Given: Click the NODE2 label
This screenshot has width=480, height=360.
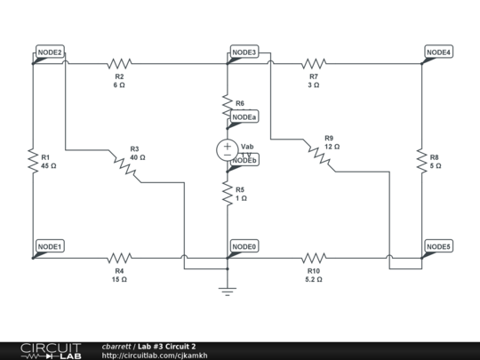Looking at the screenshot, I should pos(50,53).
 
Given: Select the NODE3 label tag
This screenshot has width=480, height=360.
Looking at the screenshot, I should pos(244,53).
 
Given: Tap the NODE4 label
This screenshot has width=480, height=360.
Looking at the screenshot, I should pos(438,53).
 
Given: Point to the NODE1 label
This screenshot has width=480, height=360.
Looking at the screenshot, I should pos(50,246).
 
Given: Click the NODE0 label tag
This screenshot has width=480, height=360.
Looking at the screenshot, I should pos(244,246).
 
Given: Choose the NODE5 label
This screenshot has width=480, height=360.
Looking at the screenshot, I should pos(438,246).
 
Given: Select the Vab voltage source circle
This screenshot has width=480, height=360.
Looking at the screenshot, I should pos(228,149).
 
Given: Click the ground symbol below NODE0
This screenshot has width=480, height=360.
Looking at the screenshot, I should pos(228,289).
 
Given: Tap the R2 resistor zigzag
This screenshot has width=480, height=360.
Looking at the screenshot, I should pos(119,64).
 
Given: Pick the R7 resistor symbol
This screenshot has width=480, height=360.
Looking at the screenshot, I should pos(314,64).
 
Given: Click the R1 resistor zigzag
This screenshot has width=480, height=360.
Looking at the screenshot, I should pos(32,161).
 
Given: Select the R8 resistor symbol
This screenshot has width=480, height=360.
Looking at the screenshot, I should pos(421,161).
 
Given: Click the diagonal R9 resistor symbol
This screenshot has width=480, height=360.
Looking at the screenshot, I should pos(317,156).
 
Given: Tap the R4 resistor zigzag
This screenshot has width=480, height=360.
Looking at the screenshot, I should pos(119,258).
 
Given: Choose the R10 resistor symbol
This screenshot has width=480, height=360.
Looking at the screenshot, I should pos(314,258).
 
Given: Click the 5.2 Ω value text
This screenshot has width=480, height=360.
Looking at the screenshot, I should pos(313,279).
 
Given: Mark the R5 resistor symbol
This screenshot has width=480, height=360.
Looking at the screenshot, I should pos(228,193).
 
